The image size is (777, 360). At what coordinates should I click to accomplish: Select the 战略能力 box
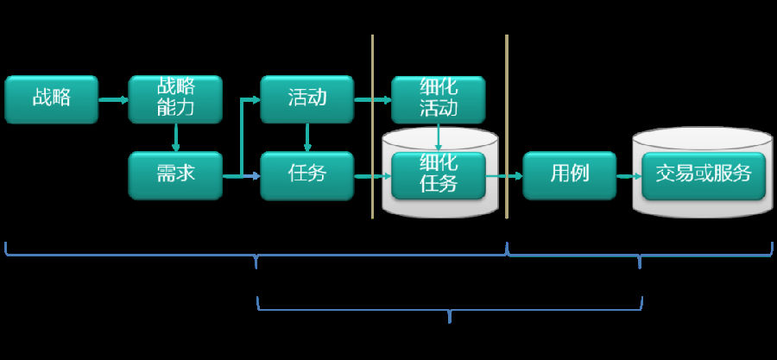[175, 99]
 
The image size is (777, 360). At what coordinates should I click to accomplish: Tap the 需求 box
[175, 174]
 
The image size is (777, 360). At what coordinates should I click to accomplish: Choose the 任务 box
[307, 174]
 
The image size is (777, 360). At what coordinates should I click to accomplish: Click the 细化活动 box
[439, 99]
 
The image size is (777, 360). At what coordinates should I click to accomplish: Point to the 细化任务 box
[439, 174]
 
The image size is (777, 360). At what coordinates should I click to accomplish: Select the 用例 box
[570, 174]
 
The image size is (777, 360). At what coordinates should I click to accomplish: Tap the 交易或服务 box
[703, 174]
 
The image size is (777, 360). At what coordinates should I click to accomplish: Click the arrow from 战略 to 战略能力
[113, 100]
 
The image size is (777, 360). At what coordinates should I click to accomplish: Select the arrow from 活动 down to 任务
[307, 136]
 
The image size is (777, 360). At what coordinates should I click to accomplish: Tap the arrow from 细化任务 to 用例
[504, 176]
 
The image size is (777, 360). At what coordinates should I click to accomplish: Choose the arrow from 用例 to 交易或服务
[629, 176]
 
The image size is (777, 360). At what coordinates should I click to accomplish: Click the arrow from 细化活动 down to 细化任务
[439, 136]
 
